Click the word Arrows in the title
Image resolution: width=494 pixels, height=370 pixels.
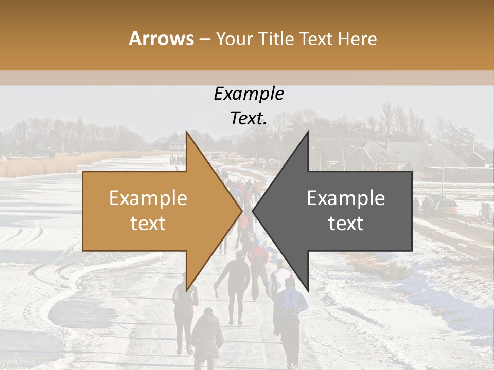click(x=161, y=39)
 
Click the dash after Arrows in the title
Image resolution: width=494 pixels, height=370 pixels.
click(x=204, y=40)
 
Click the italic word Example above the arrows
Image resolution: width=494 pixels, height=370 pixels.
click(x=249, y=94)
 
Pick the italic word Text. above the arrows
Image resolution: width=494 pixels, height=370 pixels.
click(x=249, y=119)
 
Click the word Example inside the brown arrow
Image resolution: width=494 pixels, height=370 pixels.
click(x=148, y=198)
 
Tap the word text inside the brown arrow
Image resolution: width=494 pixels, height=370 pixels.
click(x=148, y=224)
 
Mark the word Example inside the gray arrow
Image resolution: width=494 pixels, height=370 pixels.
click(x=346, y=198)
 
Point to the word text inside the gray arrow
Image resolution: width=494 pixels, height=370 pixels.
click(x=346, y=224)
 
